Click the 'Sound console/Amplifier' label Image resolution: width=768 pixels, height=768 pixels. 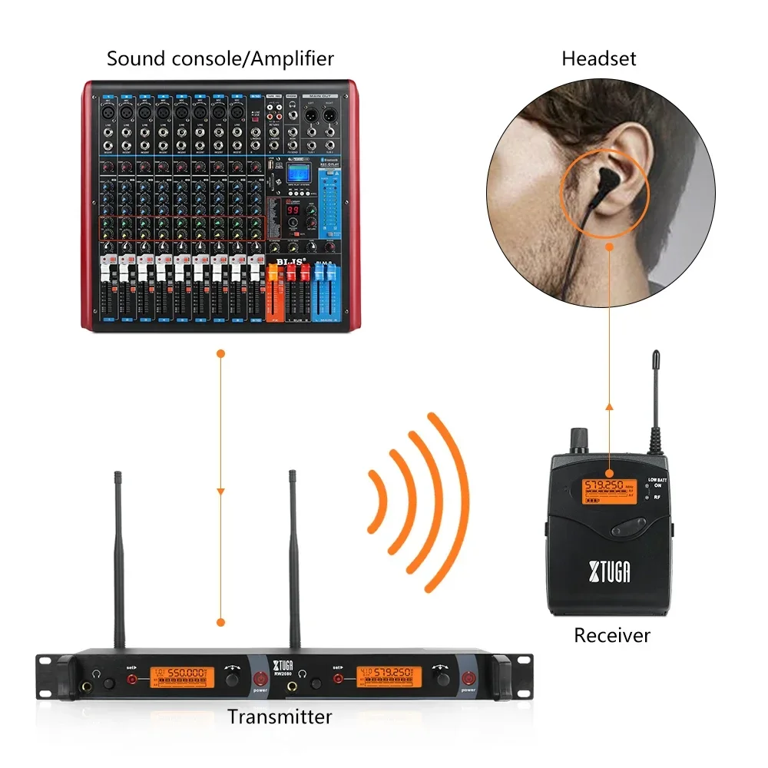pos(220,58)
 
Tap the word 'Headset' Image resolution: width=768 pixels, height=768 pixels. pos(599,58)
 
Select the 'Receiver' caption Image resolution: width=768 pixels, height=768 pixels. pos(612,635)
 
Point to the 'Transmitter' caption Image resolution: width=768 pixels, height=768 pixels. pos(280,717)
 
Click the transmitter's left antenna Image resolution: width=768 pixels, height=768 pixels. pos(120,561)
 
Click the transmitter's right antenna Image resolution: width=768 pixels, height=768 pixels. pos(293,561)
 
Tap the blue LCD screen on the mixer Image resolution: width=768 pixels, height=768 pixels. pos(297,174)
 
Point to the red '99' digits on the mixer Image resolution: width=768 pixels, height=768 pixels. pos(293,210)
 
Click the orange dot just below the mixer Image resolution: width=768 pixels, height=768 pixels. pos(220,354)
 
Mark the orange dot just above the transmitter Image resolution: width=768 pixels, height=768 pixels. pos(220,622)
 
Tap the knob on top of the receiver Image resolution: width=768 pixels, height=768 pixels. pos(576,440)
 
